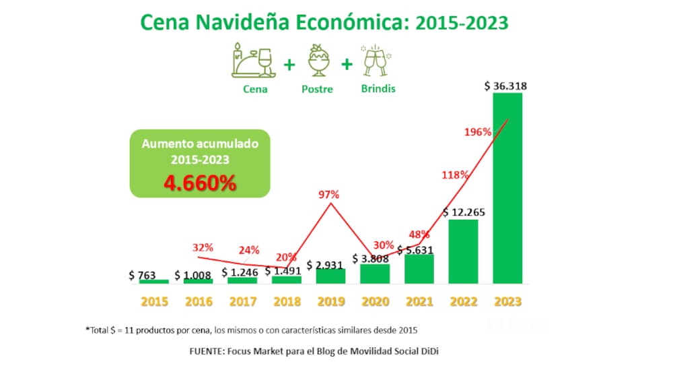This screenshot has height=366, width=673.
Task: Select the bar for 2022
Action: pyautogui.click(x=463, y=250)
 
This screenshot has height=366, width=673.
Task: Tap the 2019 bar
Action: pyautogui.click(x=330, y=275)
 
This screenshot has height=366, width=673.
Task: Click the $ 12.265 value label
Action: pyautogui.click(x=464, y=212)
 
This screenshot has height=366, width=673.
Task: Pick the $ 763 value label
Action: pyautogui.click(x=143, y=275)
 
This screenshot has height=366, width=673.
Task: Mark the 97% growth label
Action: pyautogui.click(x=329, y=195)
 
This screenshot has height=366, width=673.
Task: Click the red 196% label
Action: pyautogui.click(x=478, y=132)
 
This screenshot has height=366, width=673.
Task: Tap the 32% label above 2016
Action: pyautogui.click(x=203, y=248)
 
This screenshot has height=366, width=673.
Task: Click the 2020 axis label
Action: pyautogui.click(x=375, y=301)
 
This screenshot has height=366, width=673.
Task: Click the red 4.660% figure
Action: pyautogui.click(x=199, y=182)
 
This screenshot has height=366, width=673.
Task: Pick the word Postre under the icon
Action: pyautogui.click(x=317, y=89)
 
